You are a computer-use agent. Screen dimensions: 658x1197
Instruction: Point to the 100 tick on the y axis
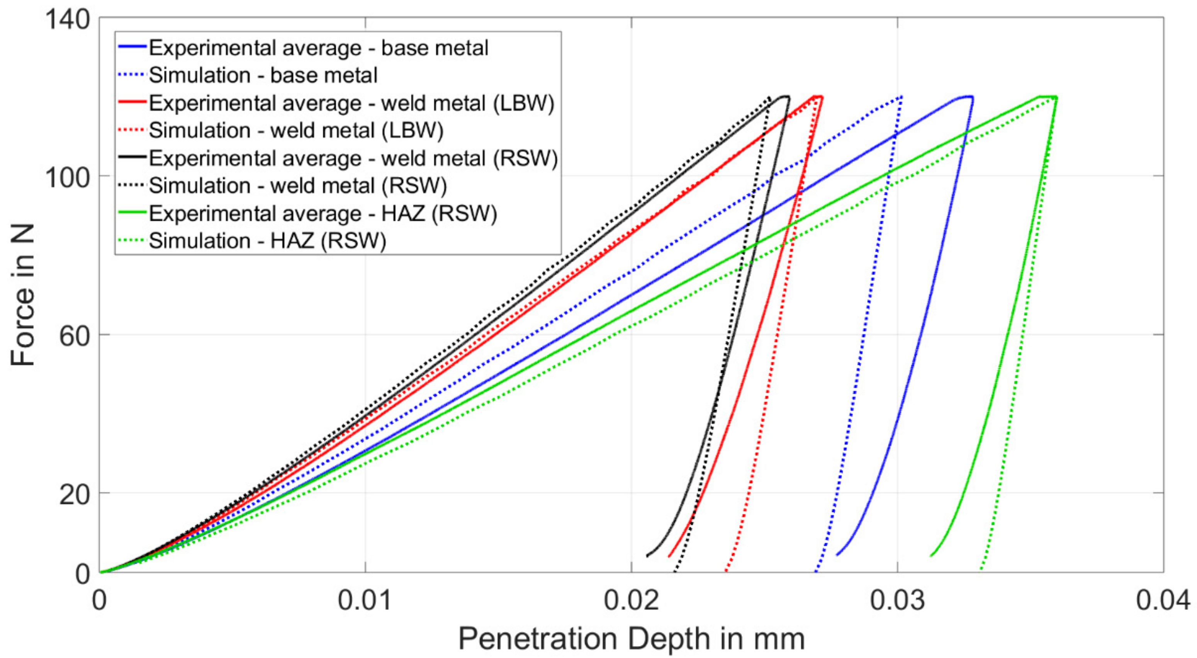click(x=67, y=177)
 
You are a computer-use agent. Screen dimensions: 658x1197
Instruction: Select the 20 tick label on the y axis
click(x=74, y=495)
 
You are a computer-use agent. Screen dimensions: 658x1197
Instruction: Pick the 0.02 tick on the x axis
click(x=631, y=600)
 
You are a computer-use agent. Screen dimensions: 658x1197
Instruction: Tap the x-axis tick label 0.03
click(x=897, y=600)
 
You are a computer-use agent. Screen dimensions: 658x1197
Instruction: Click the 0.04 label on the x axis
click(x=1163, y=600)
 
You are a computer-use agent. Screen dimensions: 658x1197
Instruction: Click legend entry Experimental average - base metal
click(x=318, y=48)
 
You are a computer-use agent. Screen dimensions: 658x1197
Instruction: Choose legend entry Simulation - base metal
click(x=263, y=75)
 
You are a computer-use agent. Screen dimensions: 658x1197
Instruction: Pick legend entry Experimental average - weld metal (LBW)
click(x=351, y=103)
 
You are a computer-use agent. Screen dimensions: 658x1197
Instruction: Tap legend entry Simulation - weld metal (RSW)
click(x=297, y=186)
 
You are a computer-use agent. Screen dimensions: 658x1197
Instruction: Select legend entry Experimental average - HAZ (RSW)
click(x=323, y=214)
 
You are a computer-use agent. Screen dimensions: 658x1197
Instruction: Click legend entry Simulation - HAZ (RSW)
click(x=267, y=241)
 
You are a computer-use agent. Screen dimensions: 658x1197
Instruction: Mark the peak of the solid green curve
click(x=1048, y=97)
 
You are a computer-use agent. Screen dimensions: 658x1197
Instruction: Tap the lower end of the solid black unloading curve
click(x=647, y=556)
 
